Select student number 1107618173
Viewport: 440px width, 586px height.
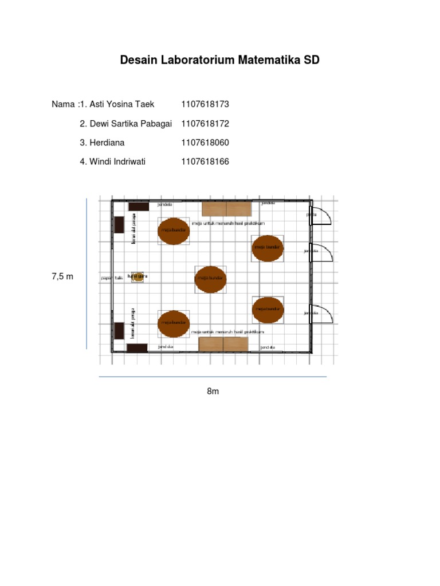click(x=205, y=104)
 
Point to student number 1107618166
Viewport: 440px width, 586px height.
click(x=205, y=161)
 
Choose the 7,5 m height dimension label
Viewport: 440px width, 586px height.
click(x=62, y=276)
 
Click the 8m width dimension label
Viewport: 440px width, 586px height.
click(x=213, y=391)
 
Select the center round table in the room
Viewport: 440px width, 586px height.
click(x=210, y=279)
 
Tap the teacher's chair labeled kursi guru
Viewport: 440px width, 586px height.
click(x=137, y=277)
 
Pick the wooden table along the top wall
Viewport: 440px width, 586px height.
click(x=226, y=209)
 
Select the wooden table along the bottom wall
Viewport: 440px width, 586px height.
click(x=223, y=344)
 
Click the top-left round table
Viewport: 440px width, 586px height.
click(x=174, y=231)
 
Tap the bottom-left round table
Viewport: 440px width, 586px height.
click(x=173, y=323)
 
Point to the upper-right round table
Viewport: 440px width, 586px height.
click(x=267, y=248)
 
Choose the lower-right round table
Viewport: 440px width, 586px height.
click(x=268, y=310)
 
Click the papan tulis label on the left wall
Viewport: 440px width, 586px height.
click(x=112, y=278)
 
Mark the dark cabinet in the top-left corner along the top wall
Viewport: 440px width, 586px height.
click(x=139, y=207)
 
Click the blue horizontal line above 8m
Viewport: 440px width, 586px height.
click(x=213, y=377)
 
